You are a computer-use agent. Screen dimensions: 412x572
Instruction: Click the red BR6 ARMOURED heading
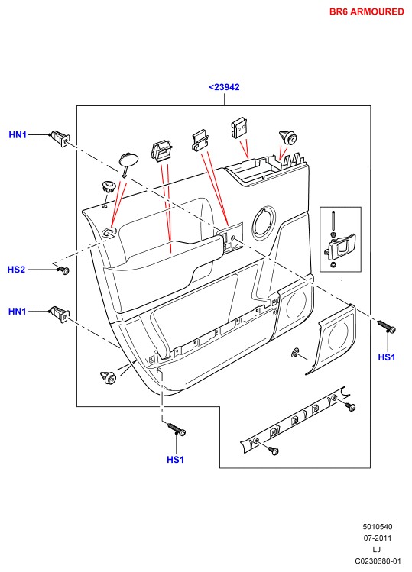(x=366, y=11)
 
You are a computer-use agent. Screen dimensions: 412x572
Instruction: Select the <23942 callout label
(x=224, y=87)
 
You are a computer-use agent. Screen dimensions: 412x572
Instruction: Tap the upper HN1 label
(x=18, y=135)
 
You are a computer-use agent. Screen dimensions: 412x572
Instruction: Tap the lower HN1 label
(x=17, y=311)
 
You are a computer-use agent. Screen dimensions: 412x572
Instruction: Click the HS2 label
(x=17, y=270)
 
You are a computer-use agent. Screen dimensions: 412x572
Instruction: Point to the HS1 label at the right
(x=387, y=357)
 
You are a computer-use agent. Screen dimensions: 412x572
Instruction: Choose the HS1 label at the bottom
(x=175, y=460)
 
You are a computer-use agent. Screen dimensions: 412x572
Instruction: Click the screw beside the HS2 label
(x=63, y=270)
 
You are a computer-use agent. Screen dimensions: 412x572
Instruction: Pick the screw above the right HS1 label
(x=387, y=327)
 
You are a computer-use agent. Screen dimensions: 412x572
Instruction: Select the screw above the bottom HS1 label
(x=177, y=429)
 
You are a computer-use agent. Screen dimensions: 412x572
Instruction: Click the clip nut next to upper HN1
(x=60, y=138)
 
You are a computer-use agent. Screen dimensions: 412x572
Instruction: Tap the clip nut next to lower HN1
(x=60, y=314)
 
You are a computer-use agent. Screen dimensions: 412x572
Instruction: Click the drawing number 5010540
(x=378, y=527)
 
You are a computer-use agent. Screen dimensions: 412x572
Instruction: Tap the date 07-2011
(x=378, y=538)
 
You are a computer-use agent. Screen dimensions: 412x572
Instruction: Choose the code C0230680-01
(x=378, y=561)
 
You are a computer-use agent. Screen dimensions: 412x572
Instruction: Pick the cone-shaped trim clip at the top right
(x=288, y=138)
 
